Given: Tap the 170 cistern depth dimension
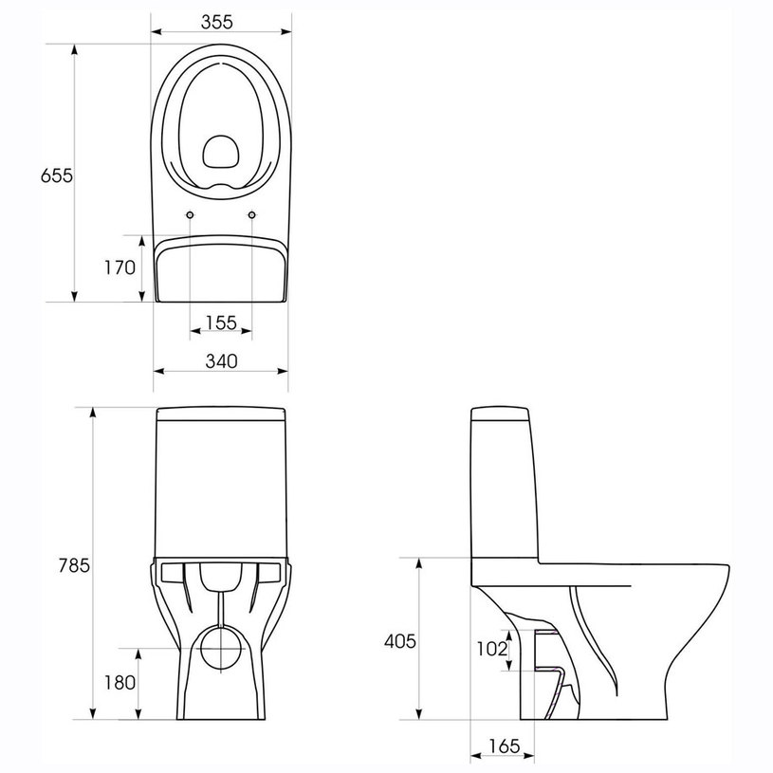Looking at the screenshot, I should [x=120, y=268].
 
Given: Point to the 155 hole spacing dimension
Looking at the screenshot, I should [x=221, y=323].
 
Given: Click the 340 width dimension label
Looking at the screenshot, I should [x=220, y=361].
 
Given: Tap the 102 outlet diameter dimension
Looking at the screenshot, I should [x=491, y=649].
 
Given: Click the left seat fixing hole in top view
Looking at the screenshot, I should [x=191, y=215].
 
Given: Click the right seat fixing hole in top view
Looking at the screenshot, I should [x=252, y=215].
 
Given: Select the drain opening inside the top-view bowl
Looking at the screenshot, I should [x=221, y=152].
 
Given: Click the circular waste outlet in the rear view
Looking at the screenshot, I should [x=221, y=650].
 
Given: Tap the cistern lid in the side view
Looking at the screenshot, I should [x=503, y=414].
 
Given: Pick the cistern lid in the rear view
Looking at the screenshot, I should [x=221, y=414].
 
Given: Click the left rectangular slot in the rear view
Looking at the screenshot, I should [x=173, y=571].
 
